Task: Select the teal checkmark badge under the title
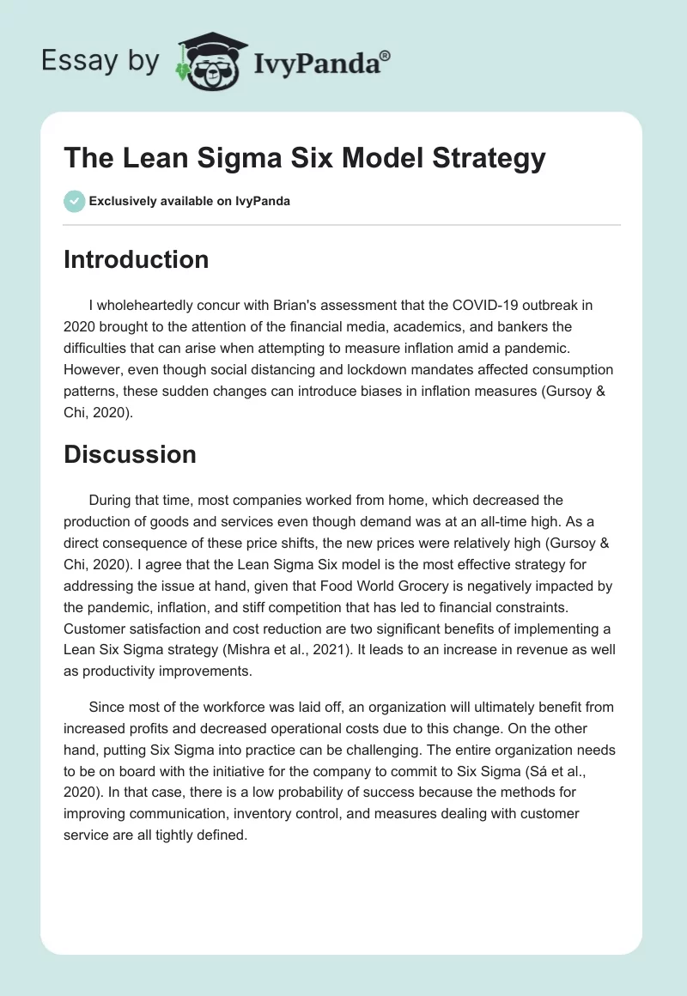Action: point(74,201)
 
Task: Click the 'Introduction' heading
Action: point(136,259)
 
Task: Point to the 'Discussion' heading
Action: point(130,454)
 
